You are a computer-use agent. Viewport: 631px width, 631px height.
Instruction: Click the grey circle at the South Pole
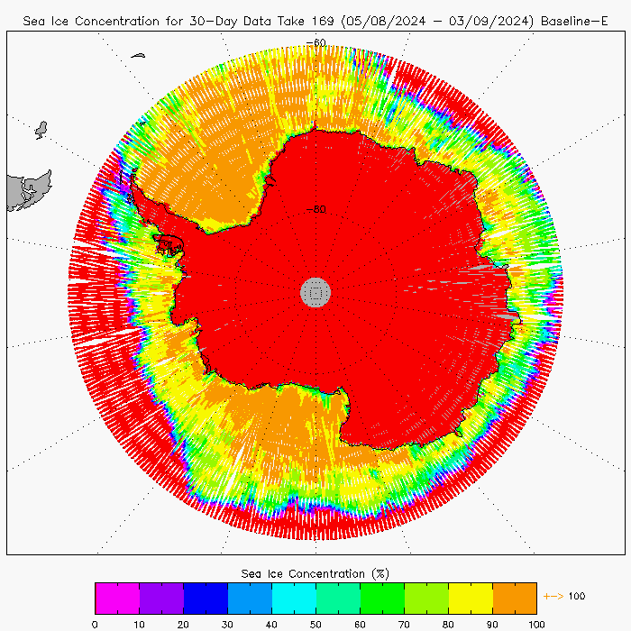coord(315,291)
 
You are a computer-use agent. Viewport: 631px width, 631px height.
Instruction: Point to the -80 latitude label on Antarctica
coord(315,210)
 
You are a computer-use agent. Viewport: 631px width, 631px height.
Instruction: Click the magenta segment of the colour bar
coord(117,599)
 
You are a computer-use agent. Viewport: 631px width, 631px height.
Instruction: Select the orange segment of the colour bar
coord(515,599)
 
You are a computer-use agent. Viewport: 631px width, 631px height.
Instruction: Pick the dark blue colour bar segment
coord(206,599)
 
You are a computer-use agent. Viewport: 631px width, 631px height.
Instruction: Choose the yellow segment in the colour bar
coord(471,599)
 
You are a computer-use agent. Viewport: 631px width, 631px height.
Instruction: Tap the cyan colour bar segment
coord(294,599)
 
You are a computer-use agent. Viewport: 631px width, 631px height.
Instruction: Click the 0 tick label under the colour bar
coord(95,623)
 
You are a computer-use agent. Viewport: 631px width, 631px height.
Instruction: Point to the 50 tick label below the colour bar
coord(315,623)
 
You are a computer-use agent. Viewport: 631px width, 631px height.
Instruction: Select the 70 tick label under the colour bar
coord(404,623)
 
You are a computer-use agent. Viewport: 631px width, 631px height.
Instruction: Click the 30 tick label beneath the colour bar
coord(227,623)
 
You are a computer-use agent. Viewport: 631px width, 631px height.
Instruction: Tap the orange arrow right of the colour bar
coord(553,596)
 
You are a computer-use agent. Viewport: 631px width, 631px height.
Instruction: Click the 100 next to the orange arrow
coord(577,596)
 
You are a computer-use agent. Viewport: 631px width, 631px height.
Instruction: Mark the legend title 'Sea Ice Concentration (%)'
coord(315,573)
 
